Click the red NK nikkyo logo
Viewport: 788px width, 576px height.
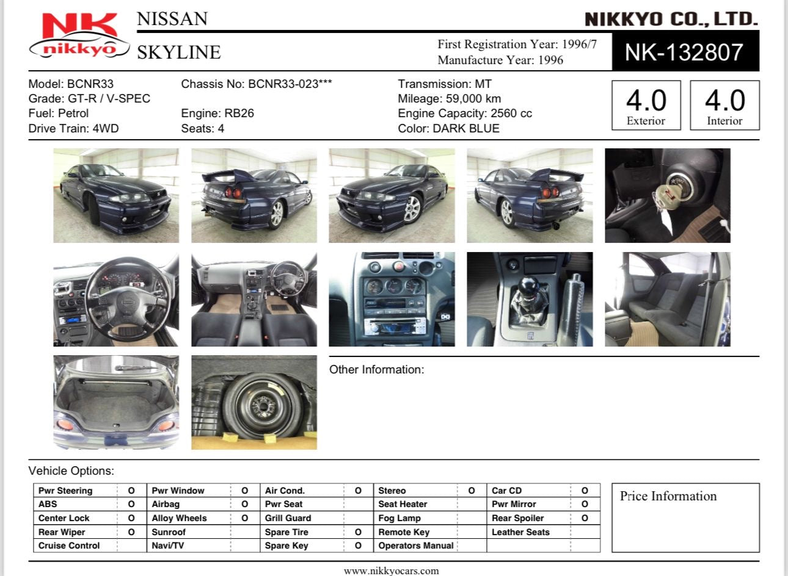(x=79, y=35)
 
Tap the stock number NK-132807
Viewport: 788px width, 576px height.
(x=684, y=52)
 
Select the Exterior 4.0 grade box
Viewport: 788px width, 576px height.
(x=646, y=106)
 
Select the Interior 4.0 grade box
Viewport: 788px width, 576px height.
(x=724, y=106)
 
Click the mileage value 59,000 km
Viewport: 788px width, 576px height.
(x=473, y=99)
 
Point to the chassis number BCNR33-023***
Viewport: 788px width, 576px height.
(x=290, y=84)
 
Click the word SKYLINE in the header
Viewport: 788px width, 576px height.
(x=179, y=52)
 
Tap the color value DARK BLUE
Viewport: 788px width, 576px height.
(x=466, y=128)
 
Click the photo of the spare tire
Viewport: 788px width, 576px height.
(x=254, y=402)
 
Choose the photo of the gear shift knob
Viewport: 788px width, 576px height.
(x=530, y=299)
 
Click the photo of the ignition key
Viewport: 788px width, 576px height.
(x=668, y=195)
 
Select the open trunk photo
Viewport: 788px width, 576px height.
(x=116, y=402)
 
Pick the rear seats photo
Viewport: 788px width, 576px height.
(x=668, y=299)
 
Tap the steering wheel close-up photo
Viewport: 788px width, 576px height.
(x=116, y=299)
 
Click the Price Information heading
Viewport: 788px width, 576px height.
(x=668, y=496)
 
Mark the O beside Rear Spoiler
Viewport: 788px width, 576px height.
(x=585, y=518)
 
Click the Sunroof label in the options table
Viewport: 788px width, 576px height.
(x=169, y=532)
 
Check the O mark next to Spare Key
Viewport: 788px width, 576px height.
(x=358, y=545)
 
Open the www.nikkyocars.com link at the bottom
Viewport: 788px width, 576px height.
(x=392, y=571)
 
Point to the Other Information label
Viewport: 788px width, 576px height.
(x=377, y=370)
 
